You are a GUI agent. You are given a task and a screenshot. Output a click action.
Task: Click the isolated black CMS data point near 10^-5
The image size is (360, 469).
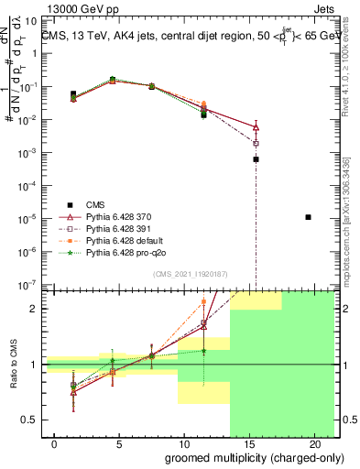click(308, 217)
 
